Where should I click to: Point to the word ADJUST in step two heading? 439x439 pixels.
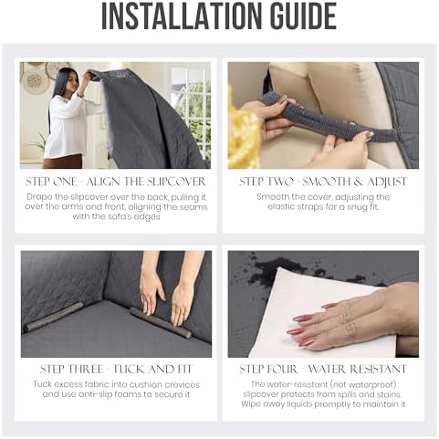click(387, 182)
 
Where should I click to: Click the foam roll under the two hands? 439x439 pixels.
click(161, 322)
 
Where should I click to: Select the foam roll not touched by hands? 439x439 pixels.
click(54, 317)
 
